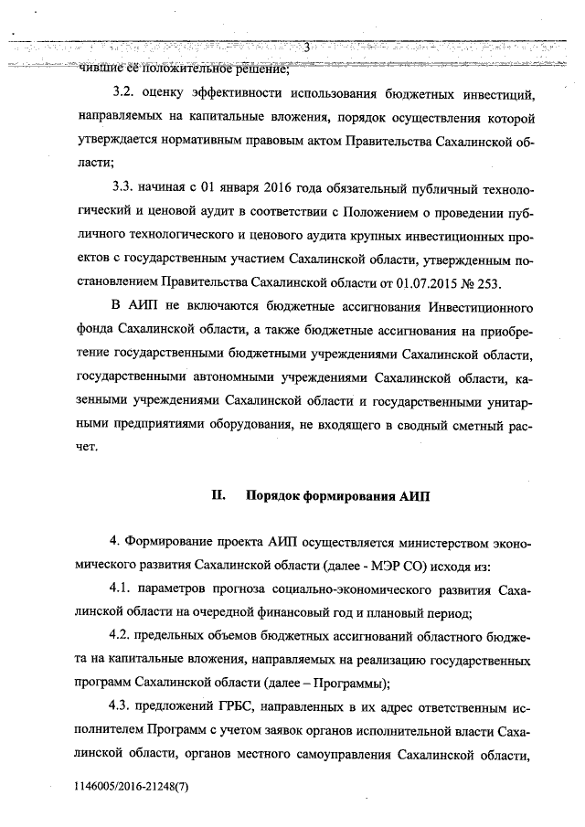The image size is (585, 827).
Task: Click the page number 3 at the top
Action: (x=307, y=48)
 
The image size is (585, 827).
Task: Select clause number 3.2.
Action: (x=123, y=94)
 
